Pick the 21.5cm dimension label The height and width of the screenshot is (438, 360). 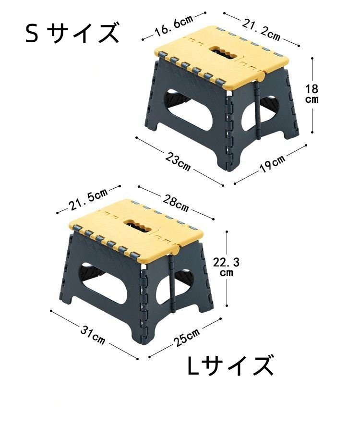click(88, 200)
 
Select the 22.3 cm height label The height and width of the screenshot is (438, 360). click(226, 266)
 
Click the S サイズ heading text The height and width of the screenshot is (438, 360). click(72, 34)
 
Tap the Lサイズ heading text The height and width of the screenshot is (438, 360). click(231, 366)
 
